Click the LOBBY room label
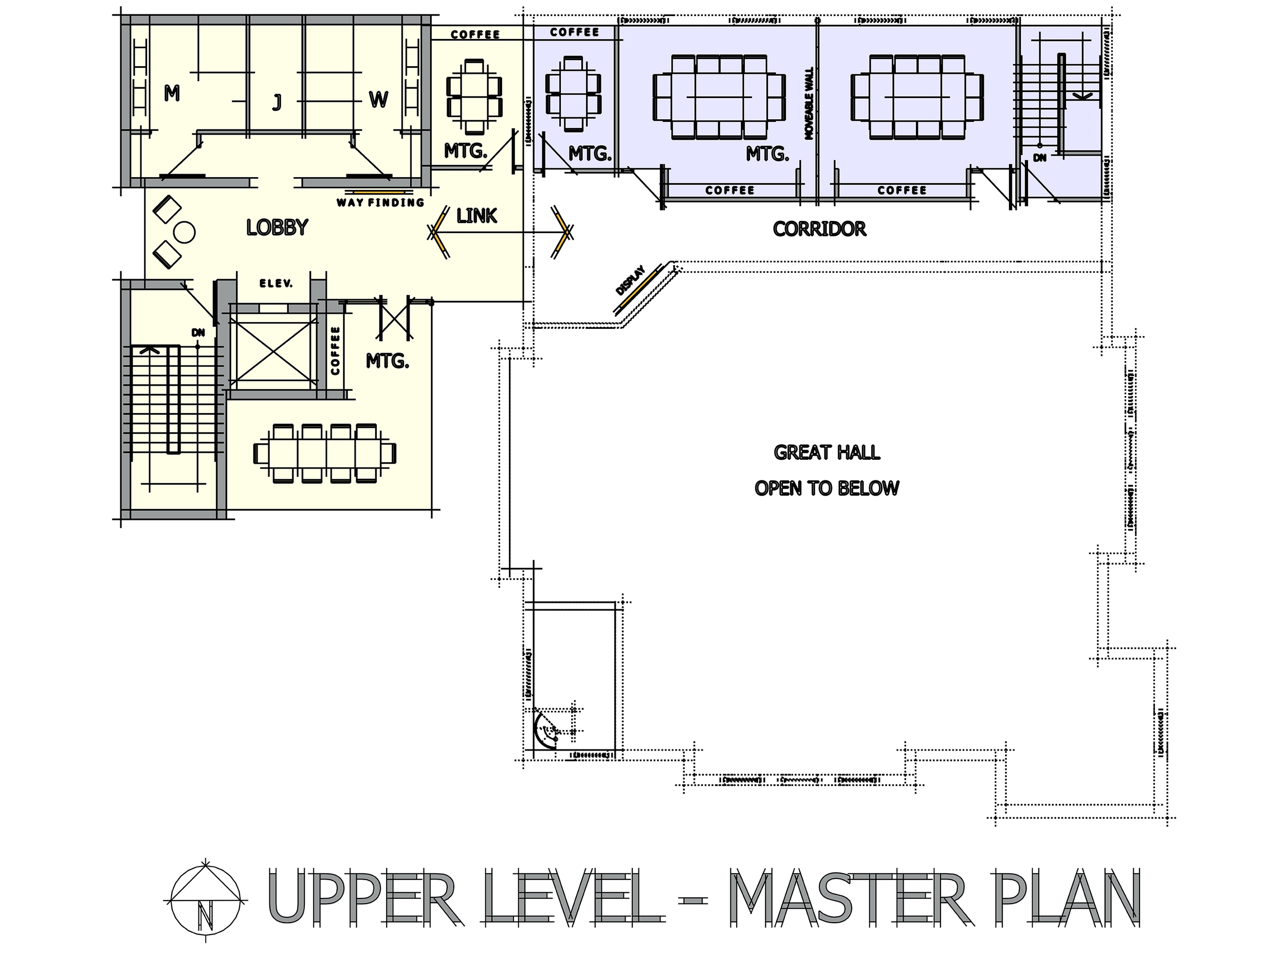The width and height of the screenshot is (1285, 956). [277, 228]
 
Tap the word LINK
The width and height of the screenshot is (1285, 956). [476, 216]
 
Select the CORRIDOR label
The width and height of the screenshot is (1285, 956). [819, 229]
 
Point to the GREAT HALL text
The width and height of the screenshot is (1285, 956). [827, 452]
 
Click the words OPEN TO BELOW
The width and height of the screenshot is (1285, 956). [827, 489]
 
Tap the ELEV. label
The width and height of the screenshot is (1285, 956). [276, 284]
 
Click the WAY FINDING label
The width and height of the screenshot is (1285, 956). [380, 202]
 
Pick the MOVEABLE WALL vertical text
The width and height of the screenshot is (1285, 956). [809, 103]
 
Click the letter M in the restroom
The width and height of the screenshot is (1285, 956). [171, 92]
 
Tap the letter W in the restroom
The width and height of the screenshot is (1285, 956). [378, 100]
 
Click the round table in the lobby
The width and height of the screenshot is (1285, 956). [185, 233]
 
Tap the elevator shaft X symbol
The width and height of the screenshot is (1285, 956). [273, 348]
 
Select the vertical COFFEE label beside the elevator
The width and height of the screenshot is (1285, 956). [335, 351]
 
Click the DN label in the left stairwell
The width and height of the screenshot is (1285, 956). [198, 333]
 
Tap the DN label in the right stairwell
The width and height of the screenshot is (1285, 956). [1040, 157]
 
